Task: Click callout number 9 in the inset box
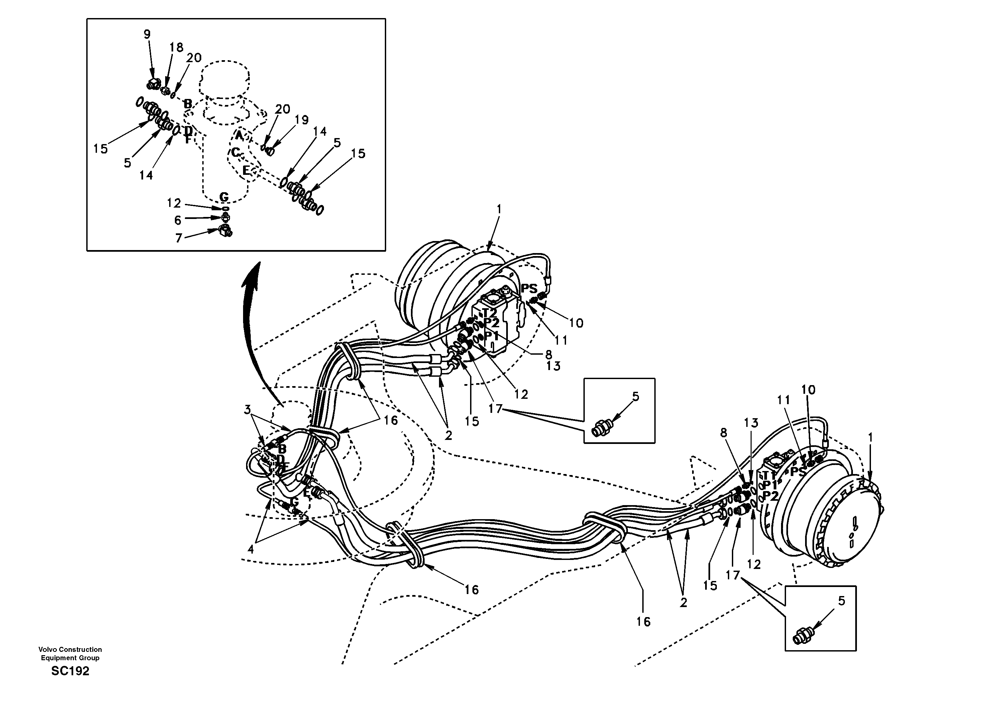click(x=147, y=34)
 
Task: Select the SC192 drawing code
click(x=70, y=671)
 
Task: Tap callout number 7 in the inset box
click(x=179, y=238)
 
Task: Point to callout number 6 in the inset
click(x=178, y=221)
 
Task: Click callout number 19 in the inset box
click(x=302, y=120)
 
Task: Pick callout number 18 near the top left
click(x=177, y=47)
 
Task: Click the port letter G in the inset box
click(x=224, y=197)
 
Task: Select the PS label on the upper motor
click(x=529, y=288)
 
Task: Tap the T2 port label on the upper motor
click(x=490, y=313)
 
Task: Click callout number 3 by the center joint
click(x=247, y=409)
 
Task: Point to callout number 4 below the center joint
click(x=250, y=550)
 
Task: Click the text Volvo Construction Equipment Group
click(x=70, y=654)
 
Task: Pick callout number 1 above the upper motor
click(x=499, y=209)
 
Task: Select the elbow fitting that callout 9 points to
click(x=152, y=84)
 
